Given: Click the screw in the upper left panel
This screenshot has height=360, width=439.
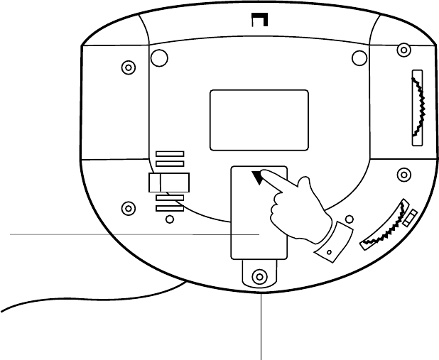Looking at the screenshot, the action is [x=128, y=68].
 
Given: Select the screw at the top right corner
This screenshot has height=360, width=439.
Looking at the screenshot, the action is [x=403, y=50].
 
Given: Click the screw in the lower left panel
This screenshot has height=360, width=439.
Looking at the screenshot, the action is [x=128, y=208].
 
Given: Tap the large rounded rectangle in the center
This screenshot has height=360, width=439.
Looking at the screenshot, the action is [x=259, y=119].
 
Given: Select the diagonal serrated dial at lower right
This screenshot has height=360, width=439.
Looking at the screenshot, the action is [x=384, y=225].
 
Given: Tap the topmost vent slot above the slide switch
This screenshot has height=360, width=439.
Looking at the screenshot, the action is [x=170, y=153].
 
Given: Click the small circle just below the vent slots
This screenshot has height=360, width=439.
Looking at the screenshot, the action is [x=168, y=219].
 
